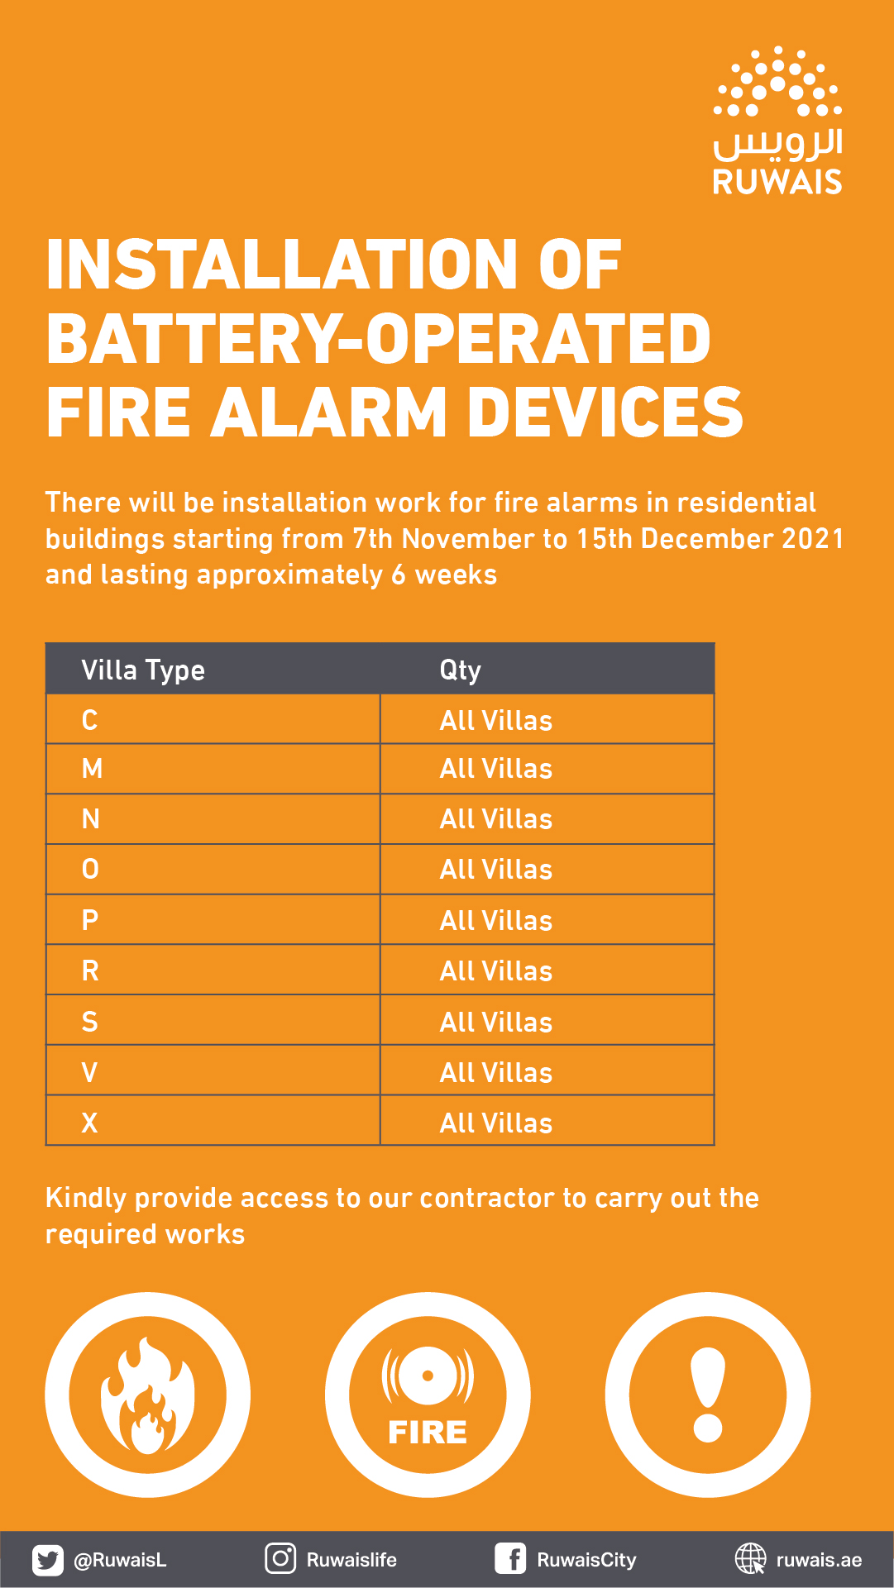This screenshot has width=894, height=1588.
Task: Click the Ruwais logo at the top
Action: tap(777, 121)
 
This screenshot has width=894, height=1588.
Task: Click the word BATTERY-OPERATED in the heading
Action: tap(379, 339)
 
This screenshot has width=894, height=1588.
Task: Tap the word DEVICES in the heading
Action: tap(605, 412)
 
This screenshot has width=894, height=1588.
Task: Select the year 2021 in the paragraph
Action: tap(813, 539)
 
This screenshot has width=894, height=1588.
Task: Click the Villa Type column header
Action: tap(143, 670)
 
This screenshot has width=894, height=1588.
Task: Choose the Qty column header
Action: tap(460, 670)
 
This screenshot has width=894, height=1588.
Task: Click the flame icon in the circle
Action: tap(147, 1395)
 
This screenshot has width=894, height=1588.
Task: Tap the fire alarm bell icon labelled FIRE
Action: tap(428, 1395)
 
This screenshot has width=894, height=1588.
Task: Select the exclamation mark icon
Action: tap(708, 1395)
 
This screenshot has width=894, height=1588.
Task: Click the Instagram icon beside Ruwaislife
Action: tap(280, 1559)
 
